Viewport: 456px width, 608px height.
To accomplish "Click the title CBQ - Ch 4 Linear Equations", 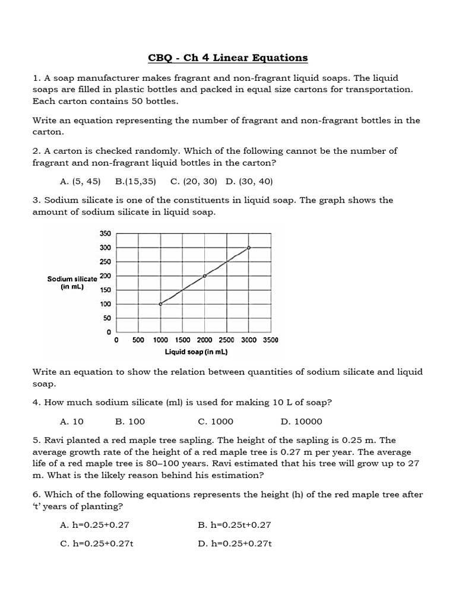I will (228, 58).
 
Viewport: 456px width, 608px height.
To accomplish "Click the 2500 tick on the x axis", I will (226, 340).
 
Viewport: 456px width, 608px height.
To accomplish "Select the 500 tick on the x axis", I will (138, 340).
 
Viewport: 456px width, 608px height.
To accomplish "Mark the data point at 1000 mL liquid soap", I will (160, 304).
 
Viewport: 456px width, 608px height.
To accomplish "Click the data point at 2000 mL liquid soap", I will (205, 275).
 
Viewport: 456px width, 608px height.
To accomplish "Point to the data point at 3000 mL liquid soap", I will (249, 248).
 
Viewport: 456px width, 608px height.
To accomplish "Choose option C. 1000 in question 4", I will (216, 422).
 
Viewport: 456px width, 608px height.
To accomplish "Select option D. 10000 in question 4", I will (301, 422).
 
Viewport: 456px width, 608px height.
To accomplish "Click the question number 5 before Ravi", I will (36, 441).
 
